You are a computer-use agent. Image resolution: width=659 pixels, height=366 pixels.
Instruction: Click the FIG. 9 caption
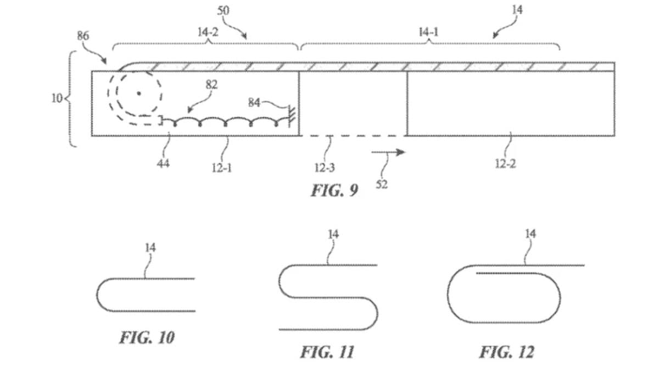(x=334, y=190)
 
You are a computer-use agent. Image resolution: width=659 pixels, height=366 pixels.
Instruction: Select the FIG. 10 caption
(x=147, y=337)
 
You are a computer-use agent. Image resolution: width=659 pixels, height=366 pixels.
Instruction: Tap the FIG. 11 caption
(x=327, y=352)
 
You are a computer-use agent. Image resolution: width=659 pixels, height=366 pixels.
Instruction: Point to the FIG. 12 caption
(x=507, y=352)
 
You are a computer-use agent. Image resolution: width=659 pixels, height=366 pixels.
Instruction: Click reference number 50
(x=223, y=11)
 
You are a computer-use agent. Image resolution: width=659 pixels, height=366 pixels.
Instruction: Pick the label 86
(x=83, y=36)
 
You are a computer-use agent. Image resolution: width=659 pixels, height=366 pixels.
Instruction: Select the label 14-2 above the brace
(x=208, y=32)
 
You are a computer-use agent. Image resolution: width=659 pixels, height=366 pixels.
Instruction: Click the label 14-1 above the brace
(x=428, y=32)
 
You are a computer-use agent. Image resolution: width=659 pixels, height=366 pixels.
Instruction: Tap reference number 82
(x=211, y=85)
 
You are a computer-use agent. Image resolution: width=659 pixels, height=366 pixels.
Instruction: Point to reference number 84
(x=254, y=103)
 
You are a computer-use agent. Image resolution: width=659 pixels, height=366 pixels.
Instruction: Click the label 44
(x=163, y=164)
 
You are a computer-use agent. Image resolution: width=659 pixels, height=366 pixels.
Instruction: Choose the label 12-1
(x=222, y=168)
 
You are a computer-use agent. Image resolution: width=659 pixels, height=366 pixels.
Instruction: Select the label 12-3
(x=325, y=167)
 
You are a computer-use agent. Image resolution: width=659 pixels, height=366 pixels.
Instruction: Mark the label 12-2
(x=505, y=164)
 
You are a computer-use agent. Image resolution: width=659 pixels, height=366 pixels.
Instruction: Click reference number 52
(x=382, y=184)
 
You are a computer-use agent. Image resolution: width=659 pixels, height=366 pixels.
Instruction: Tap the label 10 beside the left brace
(x=57, y=98)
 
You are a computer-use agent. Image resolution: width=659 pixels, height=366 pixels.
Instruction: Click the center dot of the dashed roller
(x=139, y=93)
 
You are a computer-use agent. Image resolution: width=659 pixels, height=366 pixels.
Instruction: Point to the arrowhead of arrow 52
(x=401, y=152)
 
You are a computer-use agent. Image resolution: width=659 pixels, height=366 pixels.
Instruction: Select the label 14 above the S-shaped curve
(x=333, y=234)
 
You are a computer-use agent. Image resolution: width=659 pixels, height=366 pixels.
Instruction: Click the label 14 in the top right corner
(x=517, y=10)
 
